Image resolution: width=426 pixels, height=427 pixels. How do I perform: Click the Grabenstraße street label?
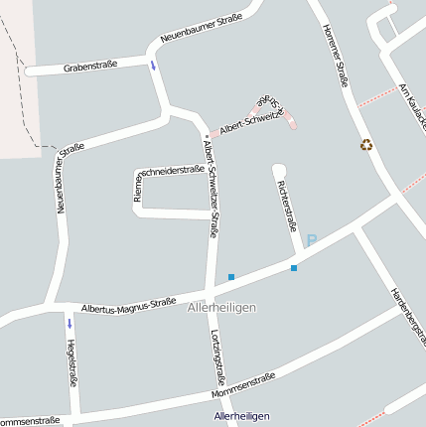click(x=90, y=66)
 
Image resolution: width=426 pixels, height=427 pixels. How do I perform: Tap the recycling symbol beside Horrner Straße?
click(x=366, y=145)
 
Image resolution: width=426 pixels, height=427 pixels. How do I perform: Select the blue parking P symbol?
click(x=311, y=240)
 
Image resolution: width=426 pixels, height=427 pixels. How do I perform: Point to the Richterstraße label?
click(x=287, y=206)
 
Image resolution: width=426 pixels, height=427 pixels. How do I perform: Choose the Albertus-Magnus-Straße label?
click(x=129, y=304)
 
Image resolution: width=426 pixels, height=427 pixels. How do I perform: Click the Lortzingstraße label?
click(x=218, y=358)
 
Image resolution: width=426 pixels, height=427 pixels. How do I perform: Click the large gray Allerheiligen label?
click(x=221, y=308)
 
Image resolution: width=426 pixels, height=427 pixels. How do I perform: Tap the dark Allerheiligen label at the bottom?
click(x=242, y=416)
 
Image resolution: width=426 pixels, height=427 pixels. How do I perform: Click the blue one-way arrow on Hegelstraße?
click(x=70, y=323)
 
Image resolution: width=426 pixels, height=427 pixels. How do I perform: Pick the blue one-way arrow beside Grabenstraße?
click(x=153, y=66)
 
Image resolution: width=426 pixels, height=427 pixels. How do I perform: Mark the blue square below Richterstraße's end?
click(x=294, y=268)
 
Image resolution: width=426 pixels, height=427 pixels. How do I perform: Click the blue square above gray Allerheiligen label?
click(x=231, y=276)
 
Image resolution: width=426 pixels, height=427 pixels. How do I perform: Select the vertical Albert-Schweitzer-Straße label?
click(x=210, y=188)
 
